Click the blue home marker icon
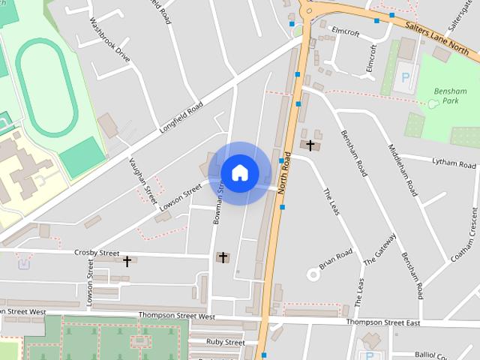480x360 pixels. pos(239,172)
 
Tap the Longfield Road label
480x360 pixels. pos(181,118)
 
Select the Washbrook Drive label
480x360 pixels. pos(109,39)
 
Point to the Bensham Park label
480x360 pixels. pos(450,95)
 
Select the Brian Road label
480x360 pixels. pos(335,259)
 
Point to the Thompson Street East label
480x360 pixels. pos(383,322)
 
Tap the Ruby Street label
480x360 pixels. pos(226,342)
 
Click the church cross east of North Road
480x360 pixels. pos(310,144)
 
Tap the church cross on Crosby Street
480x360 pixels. pos(127,261)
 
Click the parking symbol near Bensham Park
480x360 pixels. pos(406,76)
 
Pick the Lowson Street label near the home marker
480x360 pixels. pos(179,194)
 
